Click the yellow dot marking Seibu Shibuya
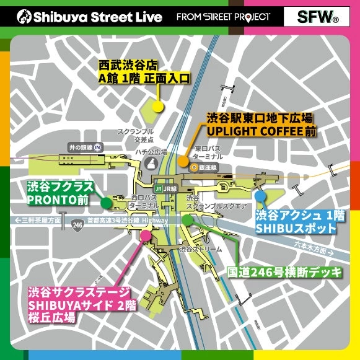click(x=158, y=107)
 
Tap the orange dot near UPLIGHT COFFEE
click(x=183, y=160)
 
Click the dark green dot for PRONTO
click(x=106, y=201)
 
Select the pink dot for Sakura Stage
click(x=146, y=235)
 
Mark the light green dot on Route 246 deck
click(x=188, y=219)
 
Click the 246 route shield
click(x=76, y=224)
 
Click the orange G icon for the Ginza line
click(x=195, y=167)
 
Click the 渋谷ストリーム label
click(x=200, y=249)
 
